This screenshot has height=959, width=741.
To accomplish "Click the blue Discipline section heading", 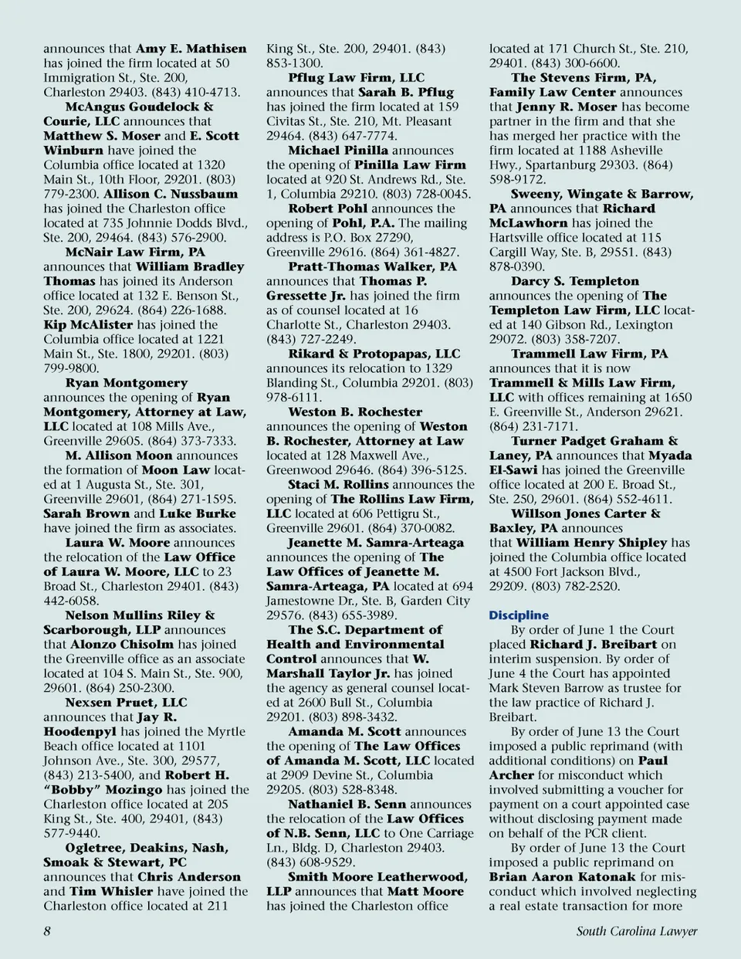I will click(518, 615).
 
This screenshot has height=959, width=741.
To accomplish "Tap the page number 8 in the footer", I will click(47, 930).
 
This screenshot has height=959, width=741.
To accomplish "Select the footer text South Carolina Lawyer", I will click(636, 930).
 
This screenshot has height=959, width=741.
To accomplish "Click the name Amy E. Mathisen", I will click(191, 49).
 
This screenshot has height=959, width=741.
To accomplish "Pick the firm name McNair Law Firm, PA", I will click(135, 252).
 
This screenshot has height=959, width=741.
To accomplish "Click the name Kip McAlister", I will click(88, 325).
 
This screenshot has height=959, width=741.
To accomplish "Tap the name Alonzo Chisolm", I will click(122, 644).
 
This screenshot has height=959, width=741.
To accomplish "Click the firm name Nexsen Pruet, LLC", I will click(126, 703).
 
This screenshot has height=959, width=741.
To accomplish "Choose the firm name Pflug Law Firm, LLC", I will click(356, 77).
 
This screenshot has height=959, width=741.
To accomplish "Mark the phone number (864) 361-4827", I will click(420, 252).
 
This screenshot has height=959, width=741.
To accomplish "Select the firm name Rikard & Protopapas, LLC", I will click(374, 354).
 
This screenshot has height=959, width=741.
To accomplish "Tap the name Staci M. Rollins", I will click(338, 485).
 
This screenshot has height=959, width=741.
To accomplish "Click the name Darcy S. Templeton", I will click(574, 281).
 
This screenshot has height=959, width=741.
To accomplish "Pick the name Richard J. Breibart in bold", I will click(593, 644).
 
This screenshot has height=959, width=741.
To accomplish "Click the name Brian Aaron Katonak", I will click(562, 876).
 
